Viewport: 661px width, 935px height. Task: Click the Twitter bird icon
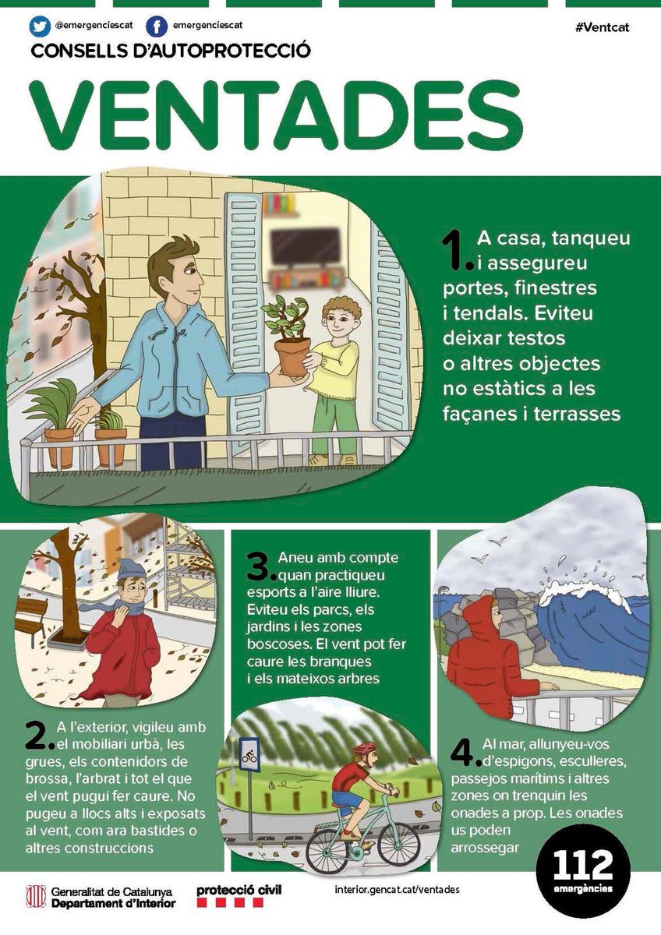40,27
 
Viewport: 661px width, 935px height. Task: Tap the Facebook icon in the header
157,27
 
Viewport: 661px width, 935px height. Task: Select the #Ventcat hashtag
601,27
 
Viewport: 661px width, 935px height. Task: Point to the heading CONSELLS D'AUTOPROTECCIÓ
171,51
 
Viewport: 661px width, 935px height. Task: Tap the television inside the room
297,247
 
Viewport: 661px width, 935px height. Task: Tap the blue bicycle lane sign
249,753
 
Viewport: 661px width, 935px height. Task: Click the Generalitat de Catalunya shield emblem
35,897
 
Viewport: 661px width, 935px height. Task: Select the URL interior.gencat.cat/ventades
390,890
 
